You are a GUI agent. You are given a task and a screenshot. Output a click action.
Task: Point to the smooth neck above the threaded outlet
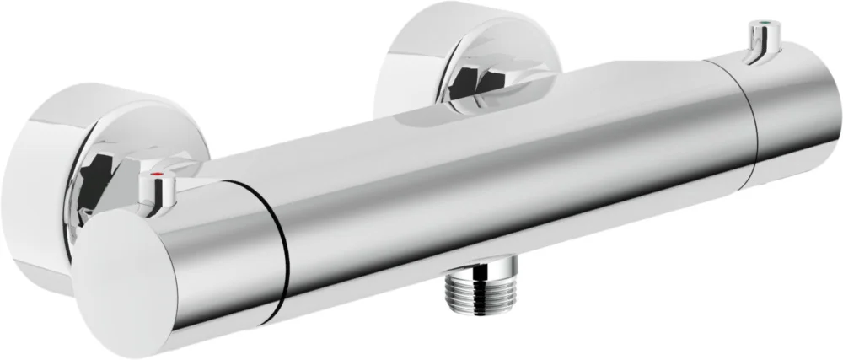470,267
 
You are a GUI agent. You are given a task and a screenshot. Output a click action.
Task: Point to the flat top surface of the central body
548,93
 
